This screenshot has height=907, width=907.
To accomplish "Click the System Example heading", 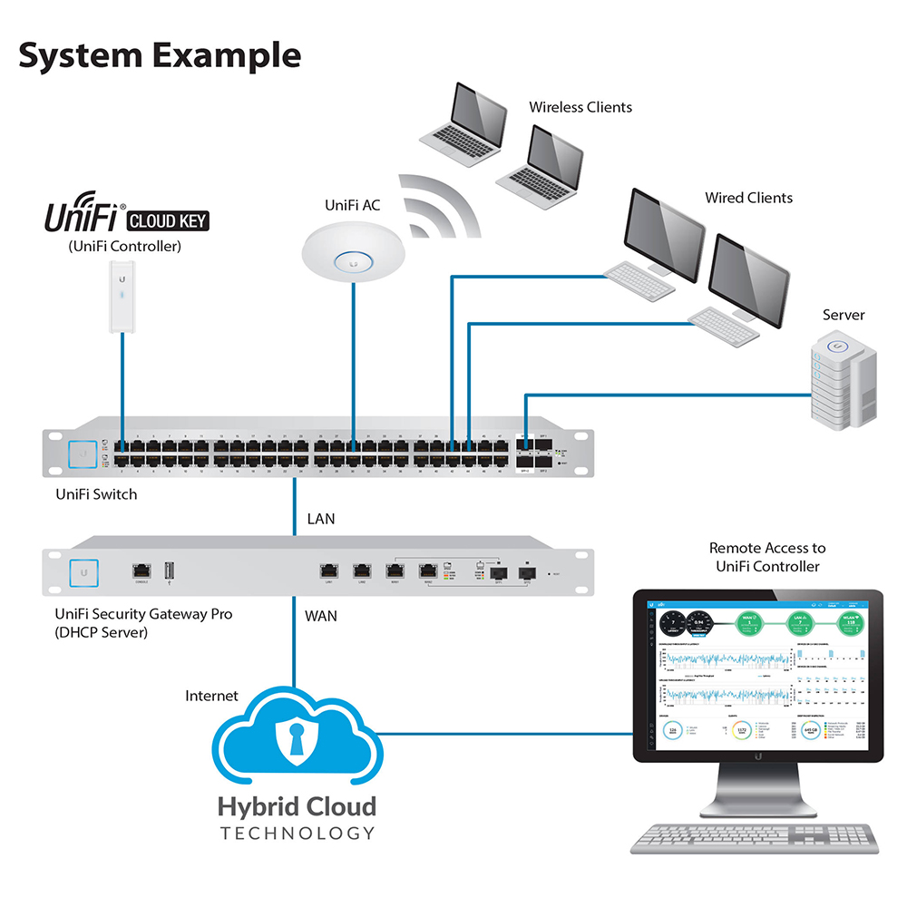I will (x=160, y=56).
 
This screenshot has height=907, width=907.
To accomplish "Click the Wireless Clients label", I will (x=580, y=107).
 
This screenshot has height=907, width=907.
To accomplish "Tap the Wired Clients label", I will (x=748, y=198).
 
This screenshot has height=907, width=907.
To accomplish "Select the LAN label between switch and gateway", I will (x=321, y=520).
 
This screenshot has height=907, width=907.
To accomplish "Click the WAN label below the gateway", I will (x=321, y=616).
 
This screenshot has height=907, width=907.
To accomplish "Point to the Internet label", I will (x=211, y=696).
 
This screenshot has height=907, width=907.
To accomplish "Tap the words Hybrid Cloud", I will (x=296, y=806).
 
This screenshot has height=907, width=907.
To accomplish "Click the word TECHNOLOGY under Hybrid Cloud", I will (x=297, y=833).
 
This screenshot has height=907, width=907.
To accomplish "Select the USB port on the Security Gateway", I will (x=168, y=571).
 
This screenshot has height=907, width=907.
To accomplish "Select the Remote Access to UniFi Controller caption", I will (x=767, y=557).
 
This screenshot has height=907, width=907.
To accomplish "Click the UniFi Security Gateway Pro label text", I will (x=143, y=614).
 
